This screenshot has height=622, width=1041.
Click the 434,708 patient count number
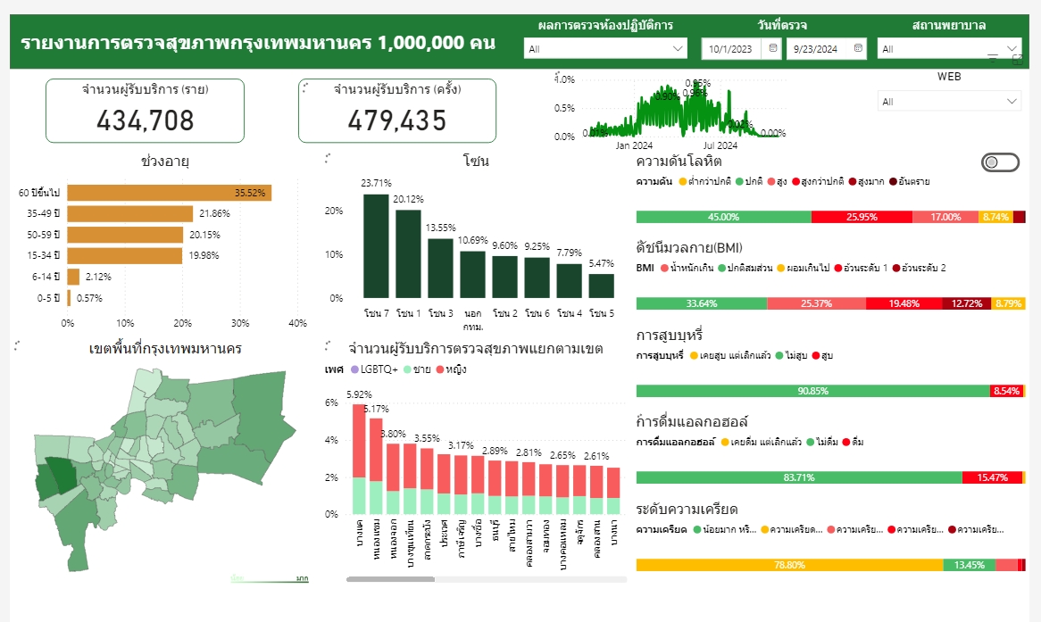tap(145, 120)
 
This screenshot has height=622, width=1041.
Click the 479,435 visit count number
tap(396, 120)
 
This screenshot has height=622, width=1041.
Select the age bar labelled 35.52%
tap(169, 193)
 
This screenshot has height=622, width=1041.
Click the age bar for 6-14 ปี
tap(73, 277)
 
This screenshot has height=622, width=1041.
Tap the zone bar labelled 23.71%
tap(376, 245)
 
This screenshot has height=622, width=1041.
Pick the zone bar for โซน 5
tap(602, 286)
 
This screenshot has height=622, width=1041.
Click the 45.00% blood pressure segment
tap(723, 217)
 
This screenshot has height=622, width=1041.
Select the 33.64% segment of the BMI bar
tap(701, 303)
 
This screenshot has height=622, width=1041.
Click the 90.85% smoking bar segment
tap(812, 391)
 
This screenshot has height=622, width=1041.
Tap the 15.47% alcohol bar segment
tap(992, 477)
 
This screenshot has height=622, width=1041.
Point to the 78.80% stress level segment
tap(789, 565)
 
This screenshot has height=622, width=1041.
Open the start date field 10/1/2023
tap(731, 49)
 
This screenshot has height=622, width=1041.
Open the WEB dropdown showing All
tap(948, 102)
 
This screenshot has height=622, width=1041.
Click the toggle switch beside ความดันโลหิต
tap(1000, 162)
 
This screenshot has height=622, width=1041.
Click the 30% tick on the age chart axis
tap(240, 323)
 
